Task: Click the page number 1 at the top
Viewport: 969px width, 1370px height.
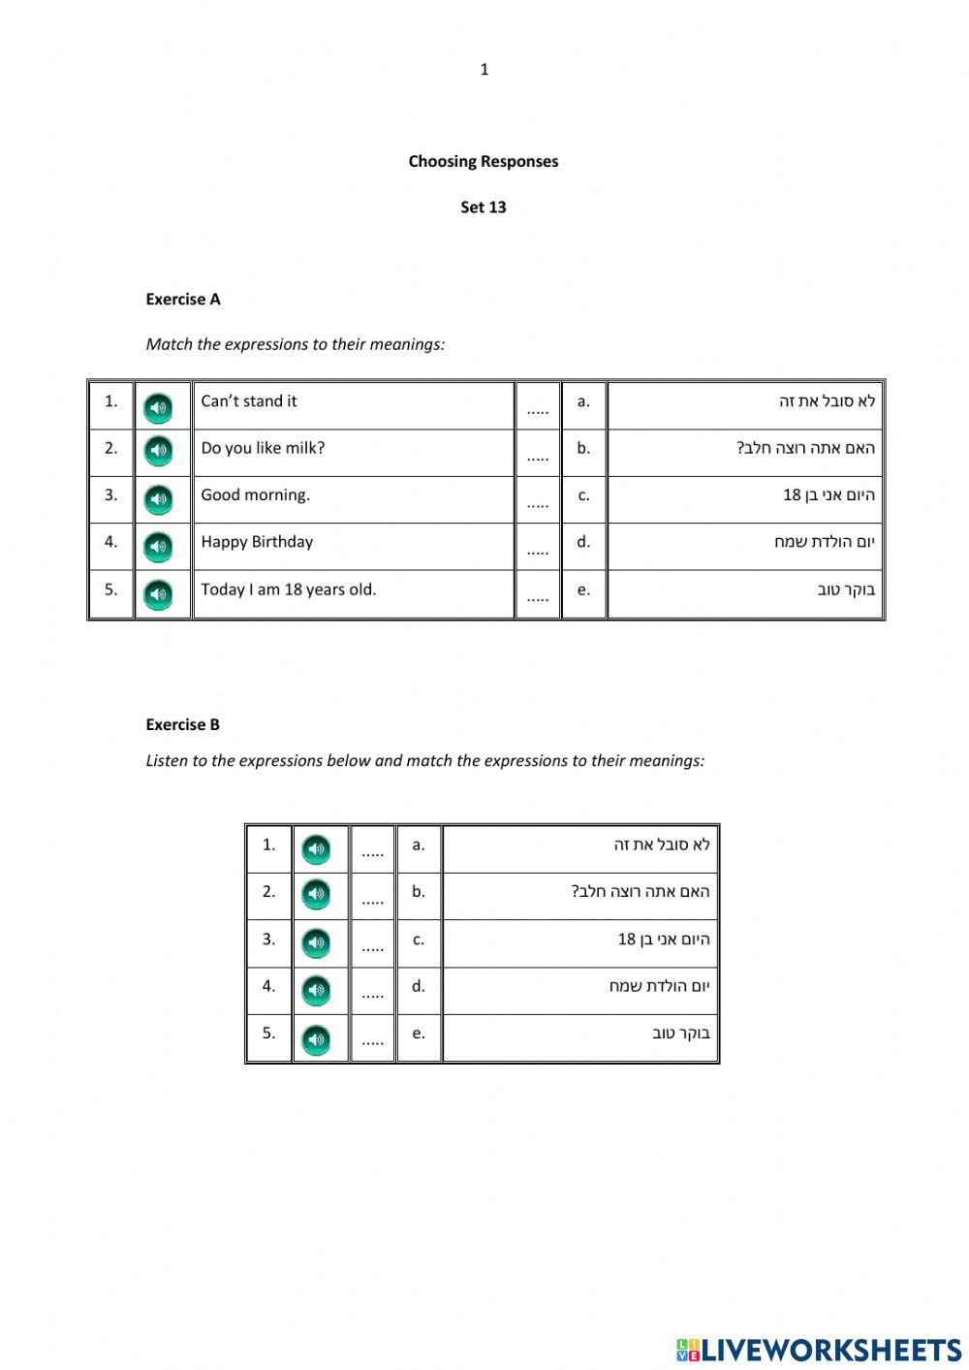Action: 484,70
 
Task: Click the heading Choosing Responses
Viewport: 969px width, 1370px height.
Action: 483,162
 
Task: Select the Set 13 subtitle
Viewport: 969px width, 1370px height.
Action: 483,207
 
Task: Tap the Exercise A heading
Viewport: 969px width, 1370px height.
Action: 183,300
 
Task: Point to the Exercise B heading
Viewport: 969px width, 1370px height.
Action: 182,724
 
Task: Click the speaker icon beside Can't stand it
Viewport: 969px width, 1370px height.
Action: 158,408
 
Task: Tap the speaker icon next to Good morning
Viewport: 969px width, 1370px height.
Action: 158,500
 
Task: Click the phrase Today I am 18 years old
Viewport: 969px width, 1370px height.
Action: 288,589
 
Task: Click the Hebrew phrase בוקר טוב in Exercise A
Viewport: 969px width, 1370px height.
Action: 845,589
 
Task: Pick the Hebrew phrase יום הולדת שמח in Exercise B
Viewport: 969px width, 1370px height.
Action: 659,986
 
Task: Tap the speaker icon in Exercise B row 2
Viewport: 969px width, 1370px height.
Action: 316,894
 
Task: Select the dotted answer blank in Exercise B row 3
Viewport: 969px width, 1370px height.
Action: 372,946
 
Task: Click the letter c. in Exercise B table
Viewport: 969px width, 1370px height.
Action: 419,940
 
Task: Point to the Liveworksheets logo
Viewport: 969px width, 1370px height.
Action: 819,1350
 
